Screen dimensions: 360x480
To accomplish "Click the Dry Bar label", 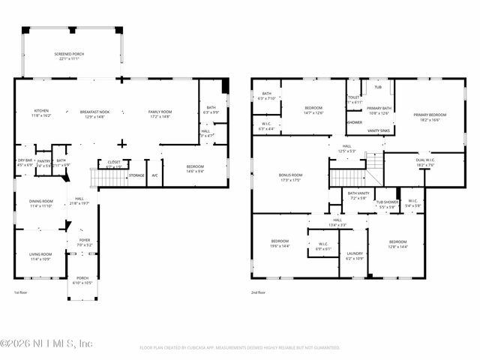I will click(x=25, y=161).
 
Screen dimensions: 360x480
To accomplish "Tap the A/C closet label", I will click(x=154, y=175).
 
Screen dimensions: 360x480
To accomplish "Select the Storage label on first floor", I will click(x=136, y=175).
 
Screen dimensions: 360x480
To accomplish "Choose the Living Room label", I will click(x=41, y=256).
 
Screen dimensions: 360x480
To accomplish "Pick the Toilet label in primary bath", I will click(x=354, y=97).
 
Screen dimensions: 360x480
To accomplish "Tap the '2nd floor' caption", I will click(x=259, y=293).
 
